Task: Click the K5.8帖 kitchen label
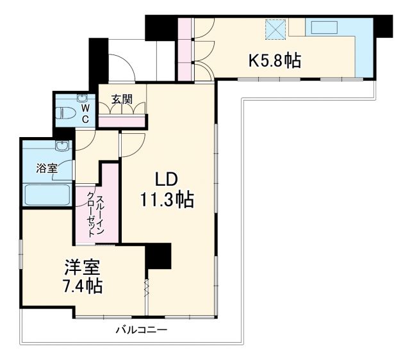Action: click(275, 61)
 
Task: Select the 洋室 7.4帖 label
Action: click(82, 276)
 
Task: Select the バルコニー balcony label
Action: click(142, 331)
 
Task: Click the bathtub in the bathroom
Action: click(47, 194)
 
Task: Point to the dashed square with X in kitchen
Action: click(277, 29)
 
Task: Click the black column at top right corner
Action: click(382, 25)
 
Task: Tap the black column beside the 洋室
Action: click(158, 256)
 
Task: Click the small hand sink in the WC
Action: click(82, 99)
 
